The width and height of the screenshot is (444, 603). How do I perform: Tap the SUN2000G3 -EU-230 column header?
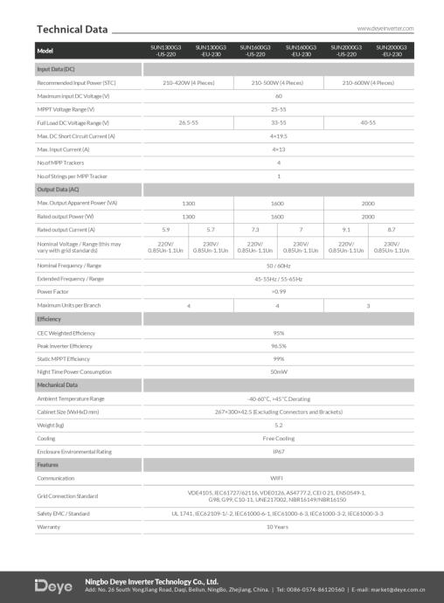click(x=391, y=50)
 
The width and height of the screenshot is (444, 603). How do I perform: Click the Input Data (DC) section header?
click(x=56, y=68)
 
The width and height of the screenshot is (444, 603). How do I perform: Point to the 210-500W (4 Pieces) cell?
click(x=278, y=81)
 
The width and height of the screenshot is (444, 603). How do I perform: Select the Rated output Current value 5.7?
click(x=211, y=228)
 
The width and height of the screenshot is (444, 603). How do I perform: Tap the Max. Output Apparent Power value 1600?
click(x=278, y=202)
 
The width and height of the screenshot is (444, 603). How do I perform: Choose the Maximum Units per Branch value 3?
click(x=368, y=305)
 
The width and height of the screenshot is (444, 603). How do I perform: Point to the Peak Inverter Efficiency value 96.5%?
click(x=278, y=346)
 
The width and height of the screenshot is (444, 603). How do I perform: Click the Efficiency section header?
click(x=49, y=319)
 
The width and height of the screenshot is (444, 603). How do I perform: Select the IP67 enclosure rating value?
click(x=278, y=451)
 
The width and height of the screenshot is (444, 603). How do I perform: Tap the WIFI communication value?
click(x=278, y=478)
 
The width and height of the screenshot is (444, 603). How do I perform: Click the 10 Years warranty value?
click(x=278, y=526)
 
